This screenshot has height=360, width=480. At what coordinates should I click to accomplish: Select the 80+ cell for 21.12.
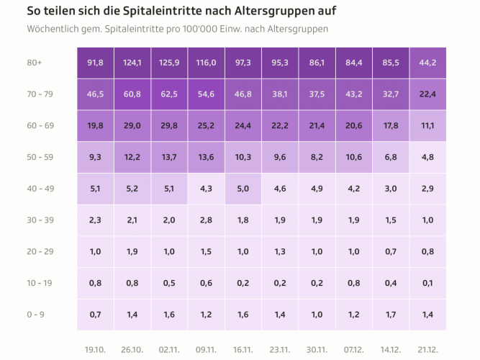[427, 63]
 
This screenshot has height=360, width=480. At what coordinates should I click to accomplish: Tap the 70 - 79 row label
[39, 94]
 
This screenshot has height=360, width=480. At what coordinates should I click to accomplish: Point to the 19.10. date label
[95, 349]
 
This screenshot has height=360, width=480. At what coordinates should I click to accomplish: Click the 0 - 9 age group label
[35, 315]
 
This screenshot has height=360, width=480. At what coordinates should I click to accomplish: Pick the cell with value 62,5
[169, 94]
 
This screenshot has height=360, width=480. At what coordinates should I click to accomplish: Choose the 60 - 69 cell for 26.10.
[132, 126]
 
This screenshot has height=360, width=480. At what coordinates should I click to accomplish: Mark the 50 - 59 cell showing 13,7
[169, 158]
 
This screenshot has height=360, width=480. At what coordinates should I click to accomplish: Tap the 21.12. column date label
[427, 349]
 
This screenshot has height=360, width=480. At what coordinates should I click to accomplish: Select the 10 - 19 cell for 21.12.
[427, 283]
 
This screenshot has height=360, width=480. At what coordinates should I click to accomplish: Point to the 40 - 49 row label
[39, 189]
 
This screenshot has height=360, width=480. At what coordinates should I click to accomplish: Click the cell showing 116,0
[206, 63]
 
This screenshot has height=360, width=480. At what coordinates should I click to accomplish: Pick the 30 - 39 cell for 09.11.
[206, 220]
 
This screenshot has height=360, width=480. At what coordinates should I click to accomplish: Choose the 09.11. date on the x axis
[206, 349]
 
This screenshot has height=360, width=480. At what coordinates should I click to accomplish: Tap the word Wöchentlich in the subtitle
[54, 30]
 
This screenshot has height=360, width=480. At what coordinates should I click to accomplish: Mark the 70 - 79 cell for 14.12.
[391, 94]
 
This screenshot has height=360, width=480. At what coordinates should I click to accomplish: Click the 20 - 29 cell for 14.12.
[391, 252]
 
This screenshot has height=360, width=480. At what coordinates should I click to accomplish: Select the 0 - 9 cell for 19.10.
[95, 315]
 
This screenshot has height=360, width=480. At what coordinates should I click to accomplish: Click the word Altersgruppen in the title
[276, 12]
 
